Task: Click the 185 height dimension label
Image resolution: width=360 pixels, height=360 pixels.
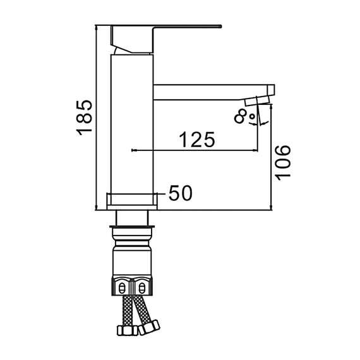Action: tap(84, 117)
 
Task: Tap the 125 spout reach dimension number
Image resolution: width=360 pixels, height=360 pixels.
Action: tap(197, 140)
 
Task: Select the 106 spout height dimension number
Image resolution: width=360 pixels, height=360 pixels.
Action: tap(282, 162)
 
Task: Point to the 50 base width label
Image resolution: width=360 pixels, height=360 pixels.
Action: tap(181, 193)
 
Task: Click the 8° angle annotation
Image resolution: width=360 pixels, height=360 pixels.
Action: tap(244, 116)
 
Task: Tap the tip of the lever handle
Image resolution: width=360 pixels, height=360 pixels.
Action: tap(221, 27)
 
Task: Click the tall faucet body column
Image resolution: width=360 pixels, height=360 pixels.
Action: tap(132, 124)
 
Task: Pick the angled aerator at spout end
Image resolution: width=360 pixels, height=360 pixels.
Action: tap(258, 101)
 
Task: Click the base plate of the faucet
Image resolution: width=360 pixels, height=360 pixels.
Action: tap(132, 201)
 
